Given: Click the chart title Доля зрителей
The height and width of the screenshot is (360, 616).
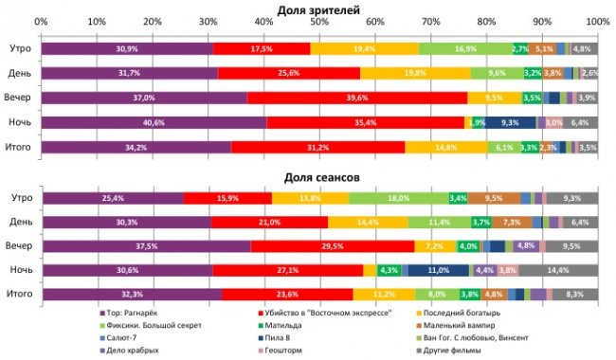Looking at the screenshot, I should (x=318, y=9).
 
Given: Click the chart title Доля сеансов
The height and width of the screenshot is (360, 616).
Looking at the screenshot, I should (x=318, y=177).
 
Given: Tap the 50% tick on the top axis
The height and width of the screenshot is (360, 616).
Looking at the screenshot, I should (x=319, y=21).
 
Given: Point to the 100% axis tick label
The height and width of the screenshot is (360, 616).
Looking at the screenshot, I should (x=597, y=21).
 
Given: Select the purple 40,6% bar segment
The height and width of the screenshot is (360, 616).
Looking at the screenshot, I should (x=154, y=122).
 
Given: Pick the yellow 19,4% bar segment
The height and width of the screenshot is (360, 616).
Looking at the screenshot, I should (x=365, y=48).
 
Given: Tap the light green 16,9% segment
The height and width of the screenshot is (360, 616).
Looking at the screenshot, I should (x=464, y=48).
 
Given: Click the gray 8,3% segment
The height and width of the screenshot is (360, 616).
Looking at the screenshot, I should (x=574, y=295).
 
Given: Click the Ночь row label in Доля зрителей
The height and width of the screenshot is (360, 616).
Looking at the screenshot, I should (x=19, y=122).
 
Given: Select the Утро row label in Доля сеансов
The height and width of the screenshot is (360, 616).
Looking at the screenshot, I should (x=19, y=197).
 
